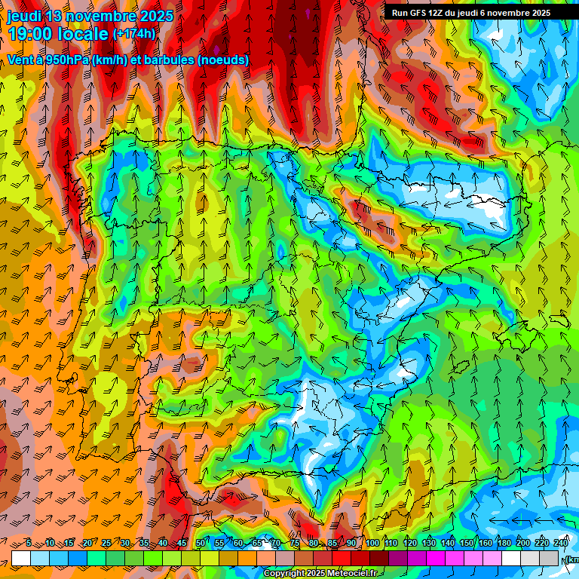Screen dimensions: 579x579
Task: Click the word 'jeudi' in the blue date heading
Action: pyautogui.click(x=25, y=16)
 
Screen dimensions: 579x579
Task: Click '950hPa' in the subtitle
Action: pyautogui.click(x=75, y=60)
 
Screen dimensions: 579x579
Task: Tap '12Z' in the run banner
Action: pyautogui.click(x=440, y=13)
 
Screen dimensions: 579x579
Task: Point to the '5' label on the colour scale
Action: pyautogui.click(x=29, y=544)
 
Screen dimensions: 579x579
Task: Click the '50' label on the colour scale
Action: pyautogui.click(x=201, y=544)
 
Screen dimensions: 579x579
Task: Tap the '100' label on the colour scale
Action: pyautogui.click(x=372, y=544)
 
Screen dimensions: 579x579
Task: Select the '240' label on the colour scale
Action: pyautogui.click(x=561, y=544)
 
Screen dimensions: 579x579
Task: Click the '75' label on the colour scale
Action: pyautogui.click(x=295, y=544)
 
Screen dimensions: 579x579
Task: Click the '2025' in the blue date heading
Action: pyautogui.click(x=153, y=16)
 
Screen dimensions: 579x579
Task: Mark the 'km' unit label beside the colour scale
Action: pyautogui.click(x=573, y=559)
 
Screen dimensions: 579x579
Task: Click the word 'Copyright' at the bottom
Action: pyautogui.click(x=284, y=574)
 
